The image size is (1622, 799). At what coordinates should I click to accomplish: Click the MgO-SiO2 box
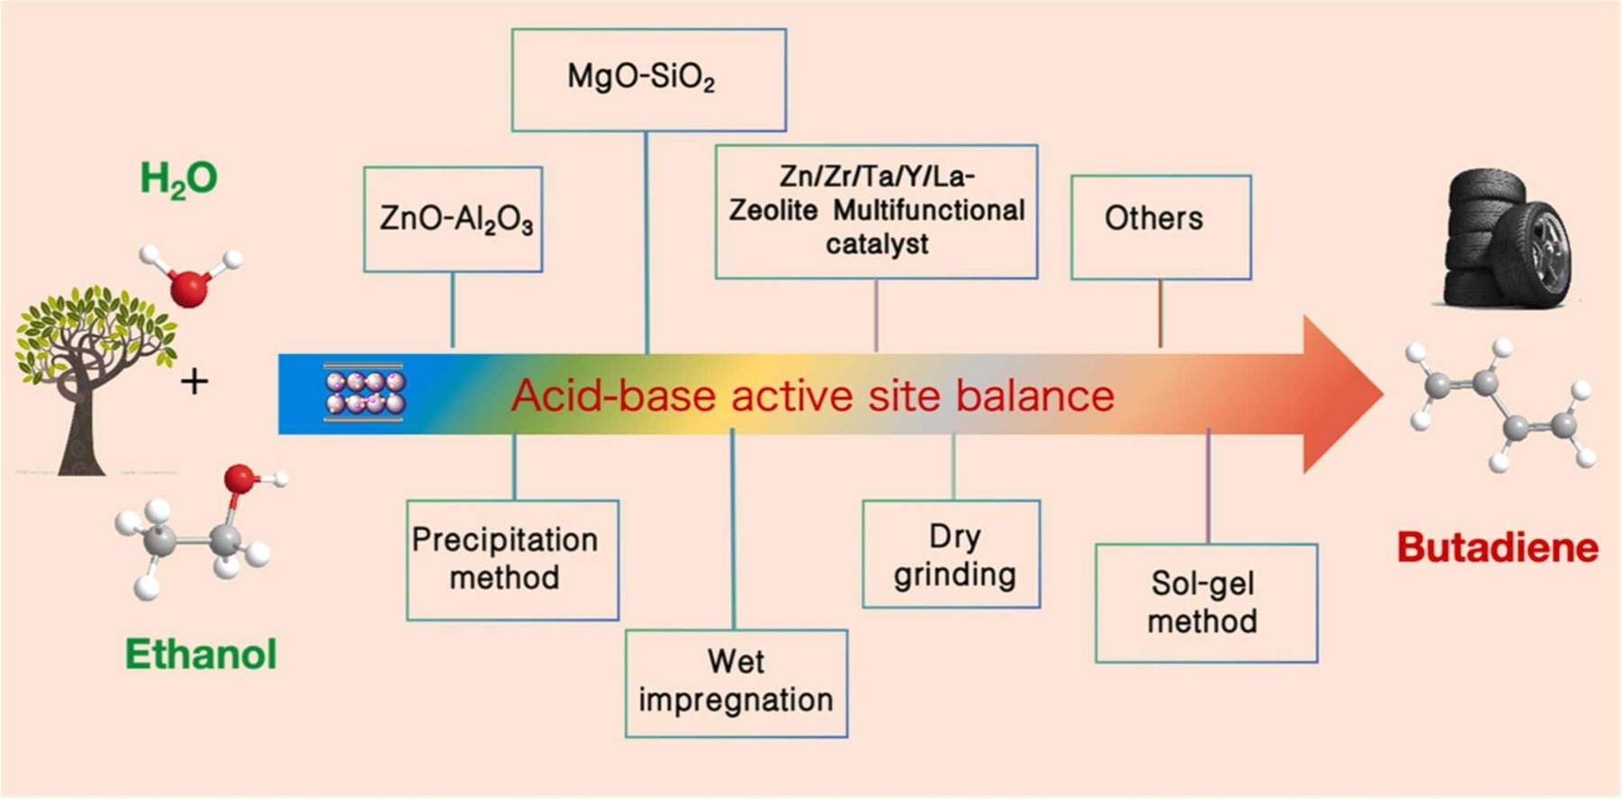[x=648, y=79]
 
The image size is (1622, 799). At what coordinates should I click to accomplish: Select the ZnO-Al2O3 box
[x=454, y=219]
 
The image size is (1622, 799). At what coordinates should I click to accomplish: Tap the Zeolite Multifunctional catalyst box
[x=876, y=211]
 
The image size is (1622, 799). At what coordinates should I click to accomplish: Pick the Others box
[x=1160, y=227]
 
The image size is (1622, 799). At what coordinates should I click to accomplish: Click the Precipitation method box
[x=512, y=560]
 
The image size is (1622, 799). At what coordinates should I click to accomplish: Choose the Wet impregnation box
[x=736, y=683]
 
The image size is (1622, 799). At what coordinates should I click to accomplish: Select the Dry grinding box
[x=951, y=554]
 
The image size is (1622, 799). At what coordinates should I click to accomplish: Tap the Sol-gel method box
[x=1205, y=602]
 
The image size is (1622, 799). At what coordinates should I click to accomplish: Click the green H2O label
[x=179, y=179]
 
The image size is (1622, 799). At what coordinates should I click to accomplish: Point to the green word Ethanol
[x=200, y=654]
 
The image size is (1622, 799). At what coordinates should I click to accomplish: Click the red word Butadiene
[x=1497, y=547]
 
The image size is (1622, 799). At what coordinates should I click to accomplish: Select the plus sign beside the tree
[x=194, y=382]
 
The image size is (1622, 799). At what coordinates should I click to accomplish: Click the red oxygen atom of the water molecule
[x=189, y=288]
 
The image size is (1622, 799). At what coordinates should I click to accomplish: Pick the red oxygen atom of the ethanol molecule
[x=240, y=479]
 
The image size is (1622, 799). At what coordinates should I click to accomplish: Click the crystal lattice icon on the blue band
[x=365, y=393]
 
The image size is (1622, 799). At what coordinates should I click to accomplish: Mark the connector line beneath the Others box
[x=1160, y=313]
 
